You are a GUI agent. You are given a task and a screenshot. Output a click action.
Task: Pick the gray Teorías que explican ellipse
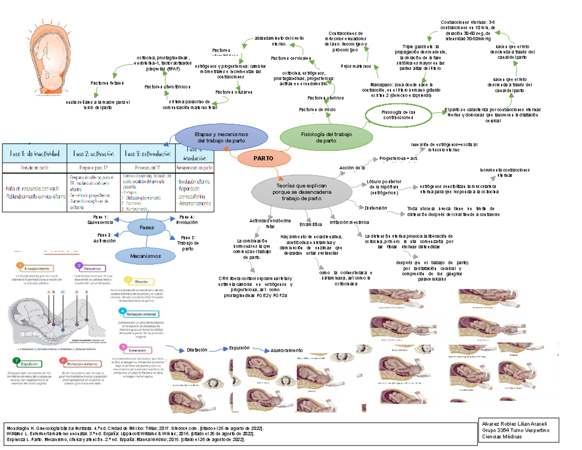(302, 192)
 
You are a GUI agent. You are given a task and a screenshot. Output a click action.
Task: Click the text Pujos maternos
(356, 66)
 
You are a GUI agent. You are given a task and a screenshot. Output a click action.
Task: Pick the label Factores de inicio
(318, 110)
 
